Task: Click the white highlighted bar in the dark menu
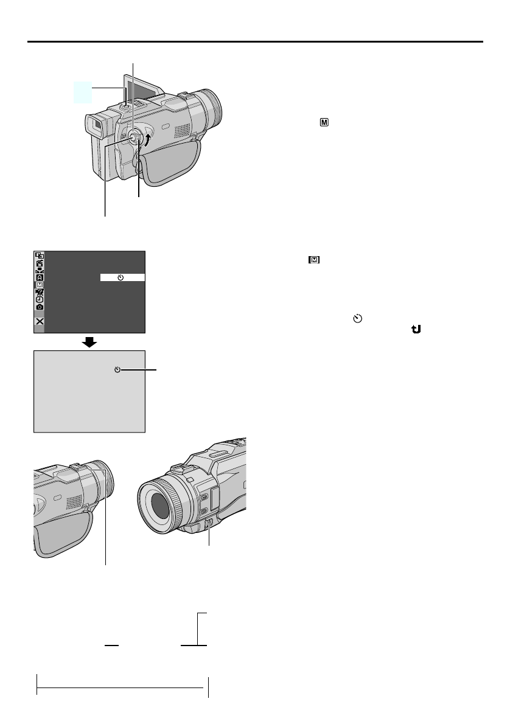[122, 277]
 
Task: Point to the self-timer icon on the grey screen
[118, 369]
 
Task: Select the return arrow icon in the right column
[416, 328]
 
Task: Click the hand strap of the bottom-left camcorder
[61, 526]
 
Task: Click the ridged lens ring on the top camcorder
[214, 107]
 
